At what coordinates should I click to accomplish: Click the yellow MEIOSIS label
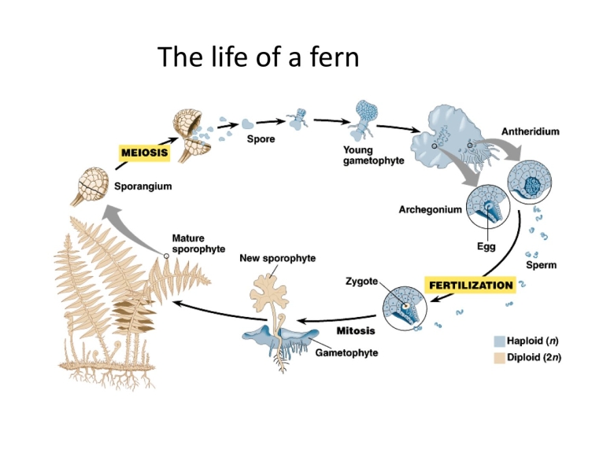click(x=143, y=151)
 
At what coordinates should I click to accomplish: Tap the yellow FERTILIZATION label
click(x=470, y=285)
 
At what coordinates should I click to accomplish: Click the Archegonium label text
click(x=430, y=210)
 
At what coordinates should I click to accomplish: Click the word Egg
click(x=486, y=247)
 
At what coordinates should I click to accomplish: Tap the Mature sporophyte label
click(x=198, y=243)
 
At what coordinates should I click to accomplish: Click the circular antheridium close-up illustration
click(x=533, y=182)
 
